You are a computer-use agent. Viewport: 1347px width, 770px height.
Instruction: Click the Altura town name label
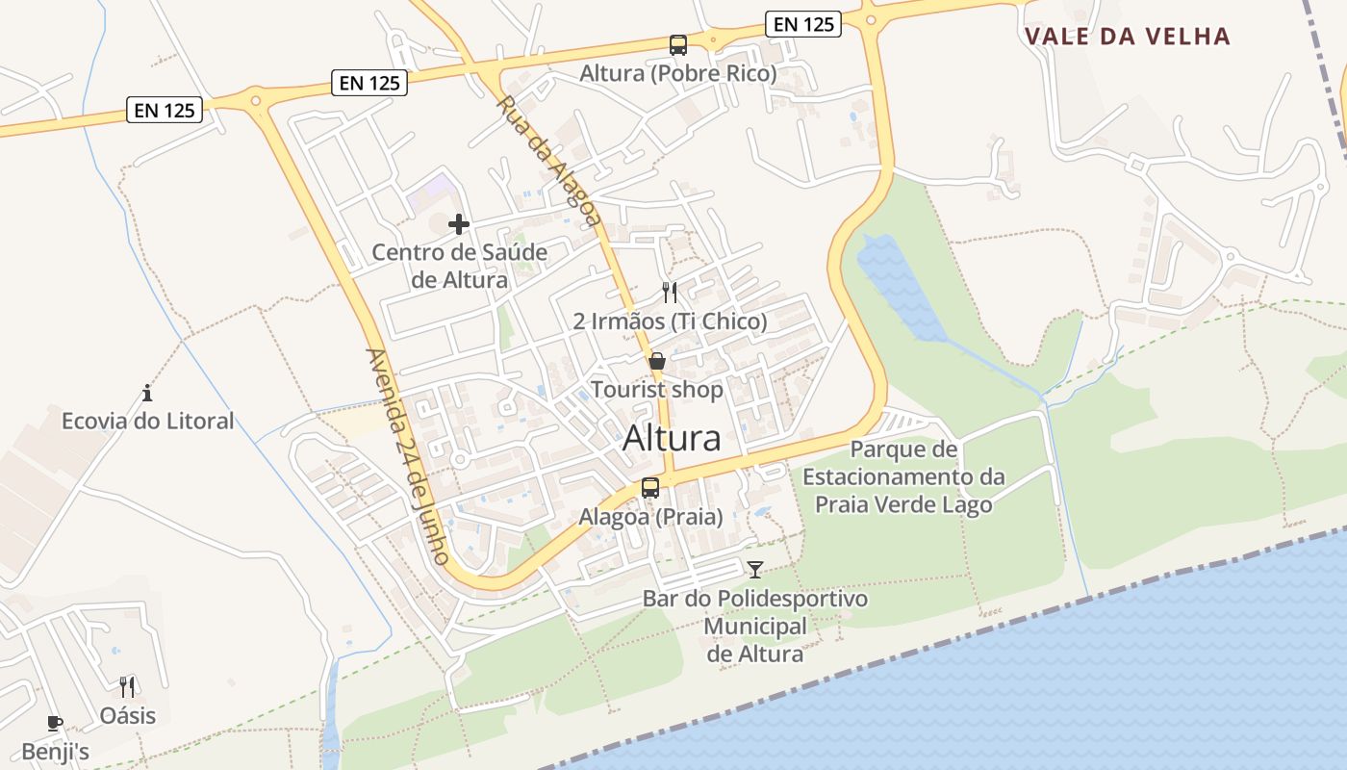coord(672,438)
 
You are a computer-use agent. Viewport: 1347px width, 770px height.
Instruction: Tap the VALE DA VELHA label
coord(1127,37)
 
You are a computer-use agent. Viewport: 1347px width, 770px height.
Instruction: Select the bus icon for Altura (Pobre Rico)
coord(678,44)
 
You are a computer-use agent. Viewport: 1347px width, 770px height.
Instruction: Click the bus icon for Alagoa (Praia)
coord(650,487)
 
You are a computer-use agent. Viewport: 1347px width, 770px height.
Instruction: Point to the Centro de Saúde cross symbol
coord(459,224)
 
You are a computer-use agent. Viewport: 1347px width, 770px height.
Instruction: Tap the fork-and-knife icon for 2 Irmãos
coord(670,292)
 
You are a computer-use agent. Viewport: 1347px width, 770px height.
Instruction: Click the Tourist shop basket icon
coord(656,362)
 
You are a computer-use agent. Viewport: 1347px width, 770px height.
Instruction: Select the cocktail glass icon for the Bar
coord(755,569)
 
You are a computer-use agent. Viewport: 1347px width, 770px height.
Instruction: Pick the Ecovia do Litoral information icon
coord(147,393)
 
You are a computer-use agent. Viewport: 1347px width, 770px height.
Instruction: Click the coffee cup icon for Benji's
coord(55,723)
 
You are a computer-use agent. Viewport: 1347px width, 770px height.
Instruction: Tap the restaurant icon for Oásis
coord(127,686)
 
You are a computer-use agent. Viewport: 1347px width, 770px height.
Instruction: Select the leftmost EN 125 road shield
coord(165,110)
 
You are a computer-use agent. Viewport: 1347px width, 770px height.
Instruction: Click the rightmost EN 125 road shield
coord(803,24)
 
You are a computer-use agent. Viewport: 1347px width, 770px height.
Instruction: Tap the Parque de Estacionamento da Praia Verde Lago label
coord(903,477)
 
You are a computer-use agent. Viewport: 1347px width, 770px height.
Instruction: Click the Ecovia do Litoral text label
coord(147,421)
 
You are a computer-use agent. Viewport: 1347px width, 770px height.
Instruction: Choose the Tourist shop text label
coord(656,390)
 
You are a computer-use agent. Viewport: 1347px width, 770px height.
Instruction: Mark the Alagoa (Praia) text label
coord(650,517)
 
